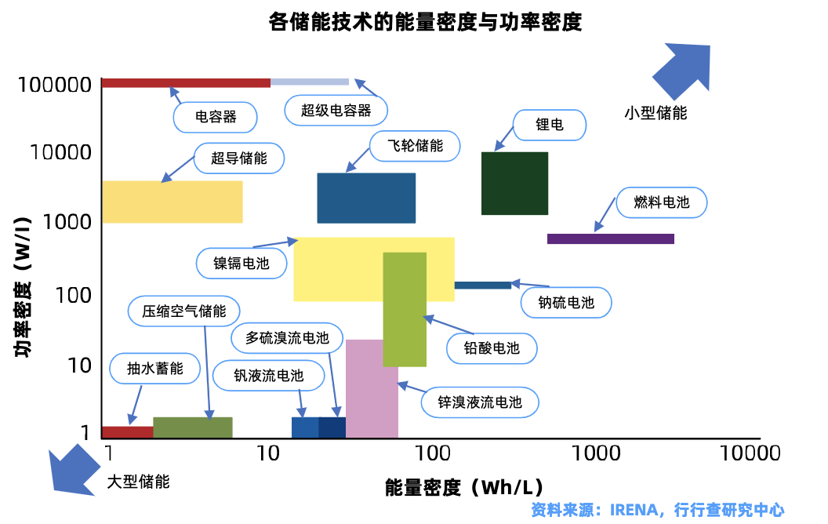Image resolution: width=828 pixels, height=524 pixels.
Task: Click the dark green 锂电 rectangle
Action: tap(514, 184)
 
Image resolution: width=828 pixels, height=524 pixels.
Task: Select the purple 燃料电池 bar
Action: tap(611, 238)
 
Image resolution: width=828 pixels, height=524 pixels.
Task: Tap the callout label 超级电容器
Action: tap(336, 111)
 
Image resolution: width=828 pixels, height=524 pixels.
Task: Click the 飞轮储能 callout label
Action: tap(415, 146)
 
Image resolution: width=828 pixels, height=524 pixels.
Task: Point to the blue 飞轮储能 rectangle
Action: tap(366, 198)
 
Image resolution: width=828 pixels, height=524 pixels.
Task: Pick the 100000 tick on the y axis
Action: tap(55, 85)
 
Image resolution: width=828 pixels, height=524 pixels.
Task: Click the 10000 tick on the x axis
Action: tap(750, 453)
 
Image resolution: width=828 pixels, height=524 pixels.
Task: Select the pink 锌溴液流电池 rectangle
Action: tap(372, 389)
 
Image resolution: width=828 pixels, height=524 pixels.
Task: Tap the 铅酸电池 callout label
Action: tap(492, 348)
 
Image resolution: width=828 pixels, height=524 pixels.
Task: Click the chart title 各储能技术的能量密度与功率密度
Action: tap(425, 22)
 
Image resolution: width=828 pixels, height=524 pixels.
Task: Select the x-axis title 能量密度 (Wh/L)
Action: tap(463, 487)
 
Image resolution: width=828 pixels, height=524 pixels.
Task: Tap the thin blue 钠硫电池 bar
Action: tap(483, 286)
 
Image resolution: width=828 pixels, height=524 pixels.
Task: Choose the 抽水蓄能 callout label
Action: tap(154, 368)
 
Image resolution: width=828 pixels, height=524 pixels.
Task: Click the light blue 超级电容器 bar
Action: tap(310, 82)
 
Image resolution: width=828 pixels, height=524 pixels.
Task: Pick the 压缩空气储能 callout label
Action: tap(183, 311)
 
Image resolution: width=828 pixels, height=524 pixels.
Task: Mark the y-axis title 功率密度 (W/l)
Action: tap(22, 286)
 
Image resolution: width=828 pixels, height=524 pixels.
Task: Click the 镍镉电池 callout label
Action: tap(241, 263)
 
